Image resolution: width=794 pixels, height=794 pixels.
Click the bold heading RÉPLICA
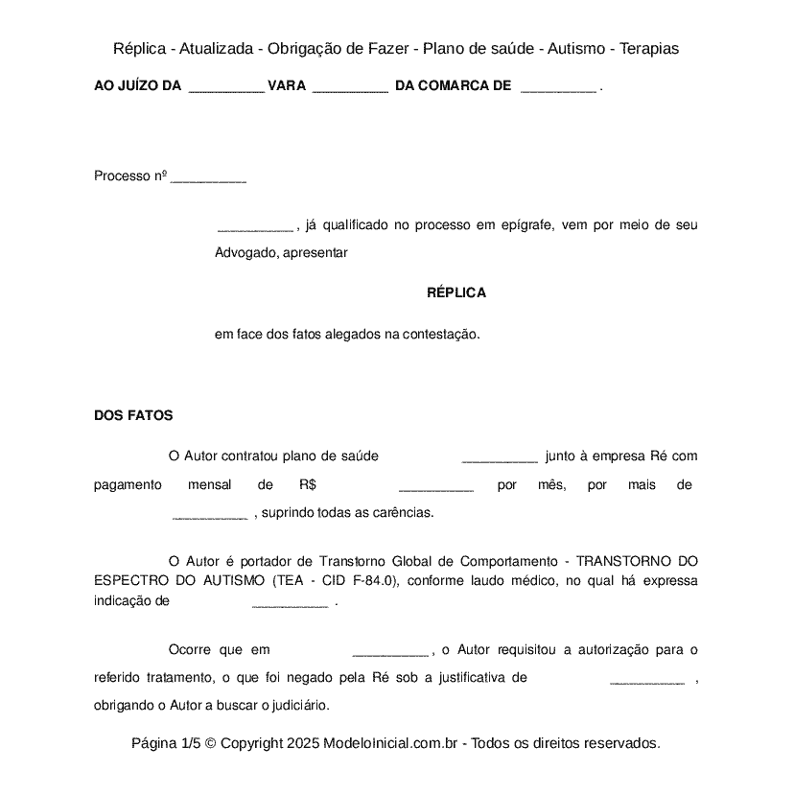click(456, 292)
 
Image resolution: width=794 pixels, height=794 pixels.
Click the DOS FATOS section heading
click(133, 415)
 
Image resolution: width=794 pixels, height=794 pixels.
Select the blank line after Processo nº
click(208, 178)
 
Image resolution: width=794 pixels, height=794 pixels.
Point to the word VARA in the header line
click(287, 86)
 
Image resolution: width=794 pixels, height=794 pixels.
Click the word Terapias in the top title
click(649, 48)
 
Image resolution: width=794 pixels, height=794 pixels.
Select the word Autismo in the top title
click(578, 48)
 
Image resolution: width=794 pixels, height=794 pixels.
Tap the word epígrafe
click(523, 225)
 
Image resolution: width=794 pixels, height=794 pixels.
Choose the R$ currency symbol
click(308, 484)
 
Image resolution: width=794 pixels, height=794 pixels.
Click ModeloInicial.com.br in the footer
click(393, 743)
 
